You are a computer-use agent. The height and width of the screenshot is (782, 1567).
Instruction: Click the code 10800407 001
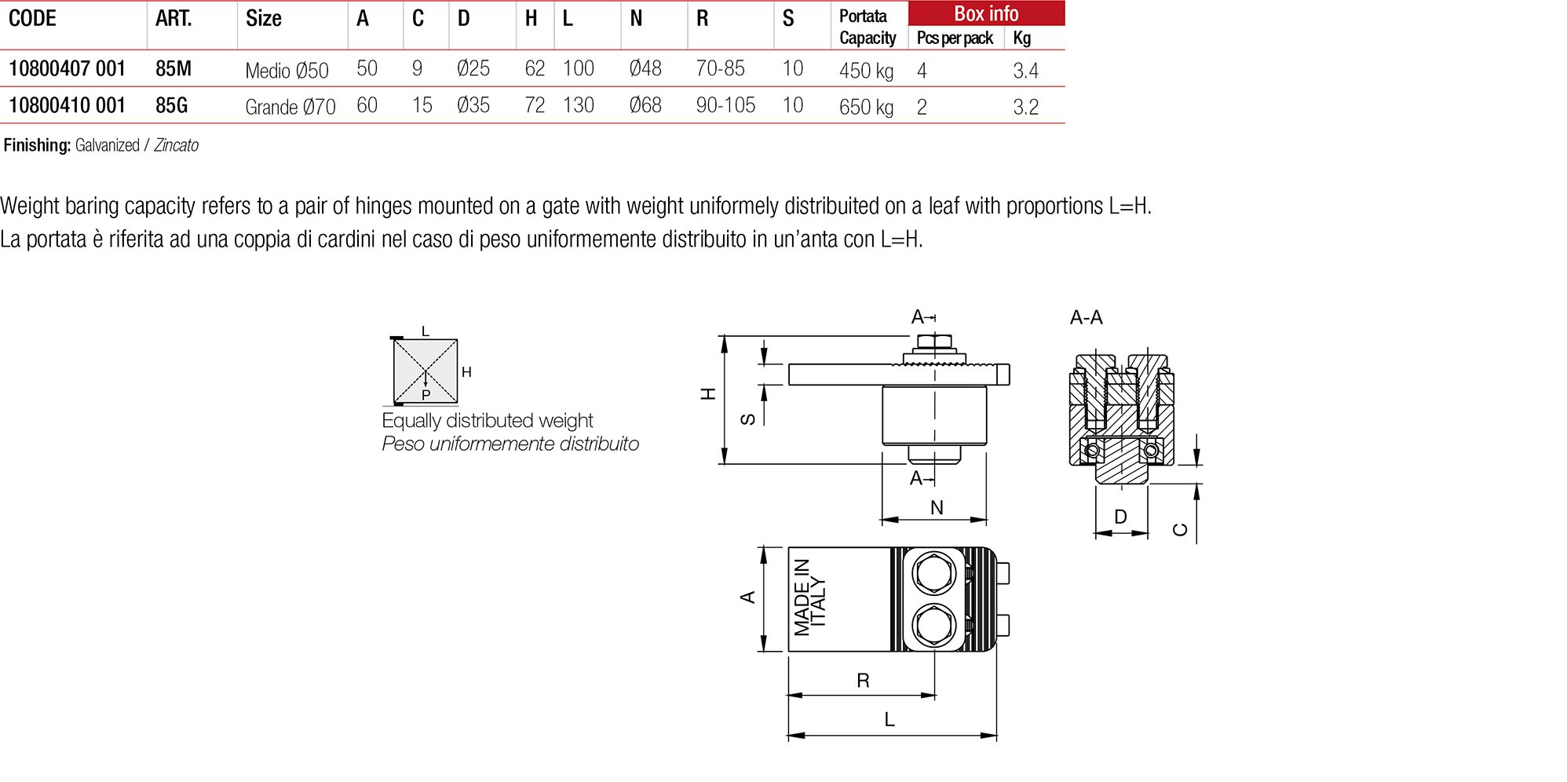coord(67,69)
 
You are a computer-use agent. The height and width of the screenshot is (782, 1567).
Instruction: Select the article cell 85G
coord(171,105)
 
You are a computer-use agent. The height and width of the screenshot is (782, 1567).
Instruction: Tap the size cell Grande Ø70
coord(290,107)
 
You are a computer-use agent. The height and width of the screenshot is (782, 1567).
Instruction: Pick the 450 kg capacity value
coord(866,71)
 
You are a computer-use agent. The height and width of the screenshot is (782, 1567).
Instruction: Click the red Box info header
coord(986,13)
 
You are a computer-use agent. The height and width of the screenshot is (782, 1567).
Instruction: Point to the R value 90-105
coord(725,105)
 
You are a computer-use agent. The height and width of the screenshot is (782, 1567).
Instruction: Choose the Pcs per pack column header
coord(955,38)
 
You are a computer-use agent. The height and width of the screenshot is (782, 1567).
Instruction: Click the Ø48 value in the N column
coord(645,69)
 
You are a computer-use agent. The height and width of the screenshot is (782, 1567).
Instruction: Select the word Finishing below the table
coord(37,145)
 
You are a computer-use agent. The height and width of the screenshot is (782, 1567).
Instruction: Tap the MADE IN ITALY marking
coord(809,597)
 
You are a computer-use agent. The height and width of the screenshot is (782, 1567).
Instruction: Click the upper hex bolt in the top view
coord(933,572)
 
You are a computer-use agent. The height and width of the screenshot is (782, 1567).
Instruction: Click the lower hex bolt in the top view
coord(933,626)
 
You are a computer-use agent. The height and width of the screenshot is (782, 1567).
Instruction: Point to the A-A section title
coord(1086,317)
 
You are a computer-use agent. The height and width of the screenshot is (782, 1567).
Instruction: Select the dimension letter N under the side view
coord(937,508)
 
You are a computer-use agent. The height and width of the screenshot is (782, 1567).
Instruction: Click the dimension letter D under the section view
coord(1120,517)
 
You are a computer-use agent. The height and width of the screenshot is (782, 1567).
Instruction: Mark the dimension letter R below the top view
coord(863,681)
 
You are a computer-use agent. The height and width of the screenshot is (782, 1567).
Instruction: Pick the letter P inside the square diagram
coord(426,395)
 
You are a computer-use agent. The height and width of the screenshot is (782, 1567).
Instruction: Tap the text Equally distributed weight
coord(487,421)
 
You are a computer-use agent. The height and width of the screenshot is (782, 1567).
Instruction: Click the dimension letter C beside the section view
coord(1180,530)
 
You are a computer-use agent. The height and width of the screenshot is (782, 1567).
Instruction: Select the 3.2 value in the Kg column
coord(1025,107)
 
